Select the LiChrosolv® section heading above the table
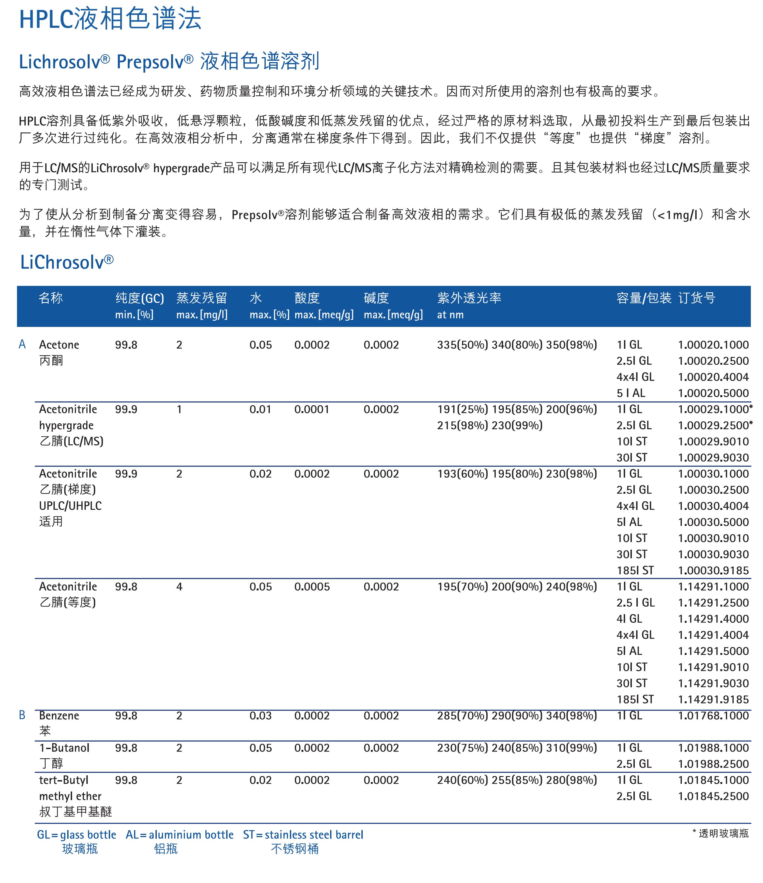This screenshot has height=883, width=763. (x=67, y=262)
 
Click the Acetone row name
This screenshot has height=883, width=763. (x=59, y=345)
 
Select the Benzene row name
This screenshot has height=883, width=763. (x=59, y=716)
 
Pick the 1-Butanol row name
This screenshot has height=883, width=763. (x=64, y=748)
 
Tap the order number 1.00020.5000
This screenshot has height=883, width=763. (x=713, y=393)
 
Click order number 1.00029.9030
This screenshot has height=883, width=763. (x=713, y=458)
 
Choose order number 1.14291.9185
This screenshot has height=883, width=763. (x=713, y=699)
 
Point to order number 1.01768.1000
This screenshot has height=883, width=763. (x=713, y=716)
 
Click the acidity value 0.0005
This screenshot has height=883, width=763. (x=312, y=587)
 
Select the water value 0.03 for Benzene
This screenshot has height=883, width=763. (x=260, y=716)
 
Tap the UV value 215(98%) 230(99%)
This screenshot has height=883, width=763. (x=490, y=425)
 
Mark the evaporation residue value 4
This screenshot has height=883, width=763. (x=179, y=587)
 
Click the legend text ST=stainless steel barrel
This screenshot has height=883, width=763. (x=303, y=835)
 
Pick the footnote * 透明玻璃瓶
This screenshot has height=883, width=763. (x=720, y=833)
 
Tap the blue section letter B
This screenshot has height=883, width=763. (x=22, y=715)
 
